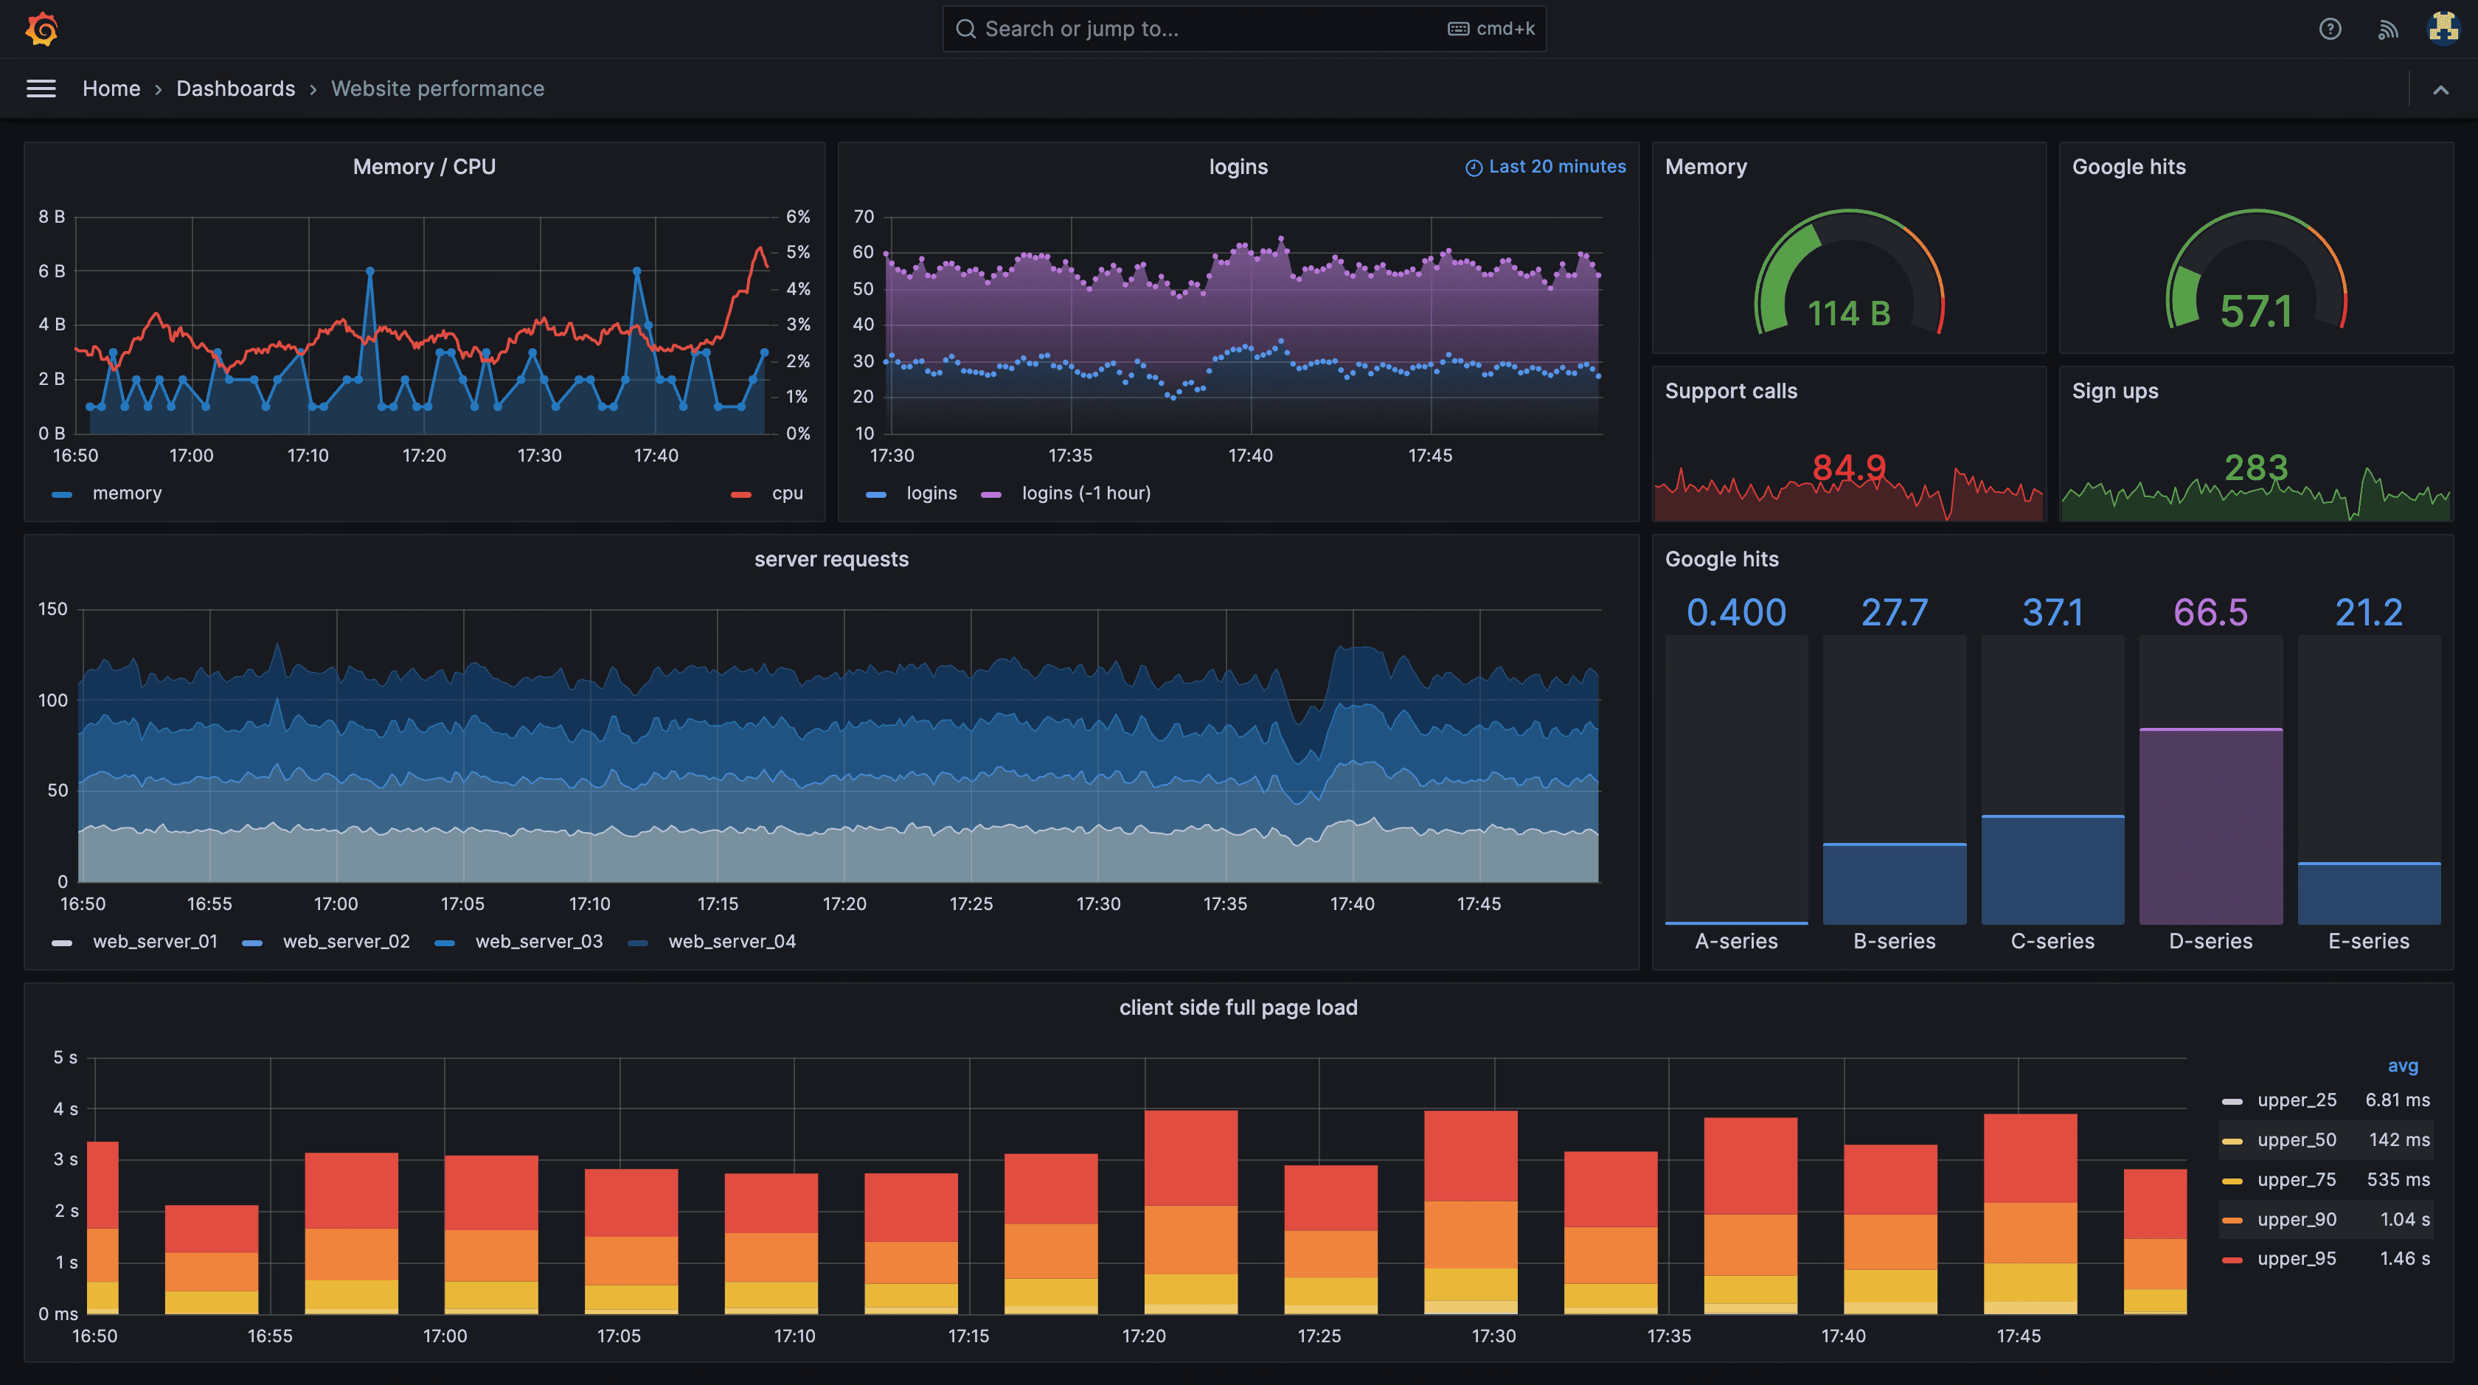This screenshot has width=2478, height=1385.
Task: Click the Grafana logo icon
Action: (x=41, y=29)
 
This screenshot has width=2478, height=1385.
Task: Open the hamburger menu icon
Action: (x=41, y=88)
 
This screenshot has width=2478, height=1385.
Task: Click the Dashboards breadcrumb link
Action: (x=236, y=88)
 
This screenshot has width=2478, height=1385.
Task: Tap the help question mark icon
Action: (x=2330, y=29)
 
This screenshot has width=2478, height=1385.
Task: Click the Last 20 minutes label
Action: (x=1555, y=167)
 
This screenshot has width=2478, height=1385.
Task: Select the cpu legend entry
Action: (x=786, y=493)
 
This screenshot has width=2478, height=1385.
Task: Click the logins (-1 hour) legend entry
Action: (x=1085, y=493)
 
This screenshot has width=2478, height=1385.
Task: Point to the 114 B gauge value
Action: (x=1849, y=313)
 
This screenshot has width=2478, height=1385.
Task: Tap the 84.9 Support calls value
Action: (x=1849, y=468)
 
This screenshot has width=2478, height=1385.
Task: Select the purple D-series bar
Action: (x=2210, y=827)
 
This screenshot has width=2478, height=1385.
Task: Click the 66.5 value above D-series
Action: (x=2210, y=613)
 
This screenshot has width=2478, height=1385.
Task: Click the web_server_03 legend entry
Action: (x=538, y=942)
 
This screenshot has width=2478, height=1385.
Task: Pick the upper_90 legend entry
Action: (x=2296, y=1220)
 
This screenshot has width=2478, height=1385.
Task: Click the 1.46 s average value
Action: (x=2404, y=1259)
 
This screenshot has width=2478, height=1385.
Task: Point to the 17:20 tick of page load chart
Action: (x=1144, y=1336)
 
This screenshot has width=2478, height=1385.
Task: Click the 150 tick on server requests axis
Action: (x=53, y=609)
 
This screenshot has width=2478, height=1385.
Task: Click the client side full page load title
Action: (x=1238, y=1008)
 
